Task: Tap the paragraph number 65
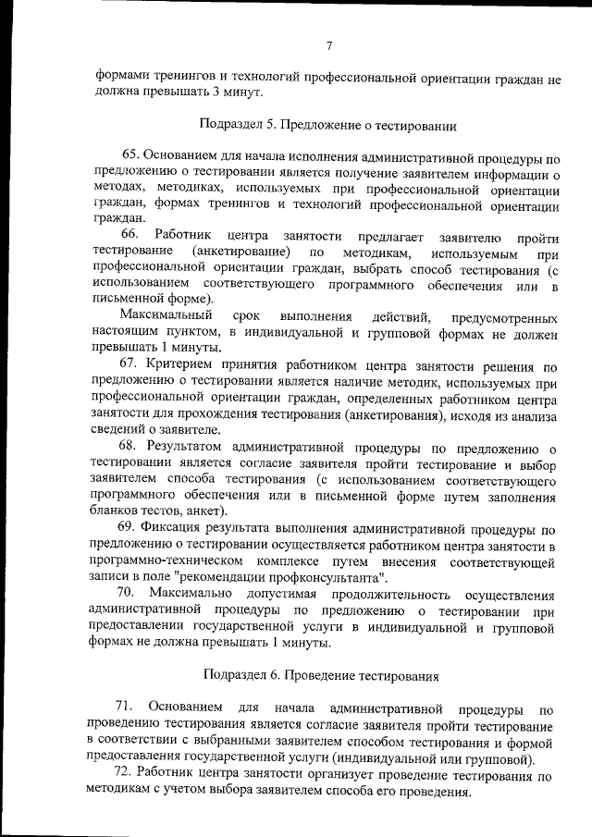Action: click(130, 155)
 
